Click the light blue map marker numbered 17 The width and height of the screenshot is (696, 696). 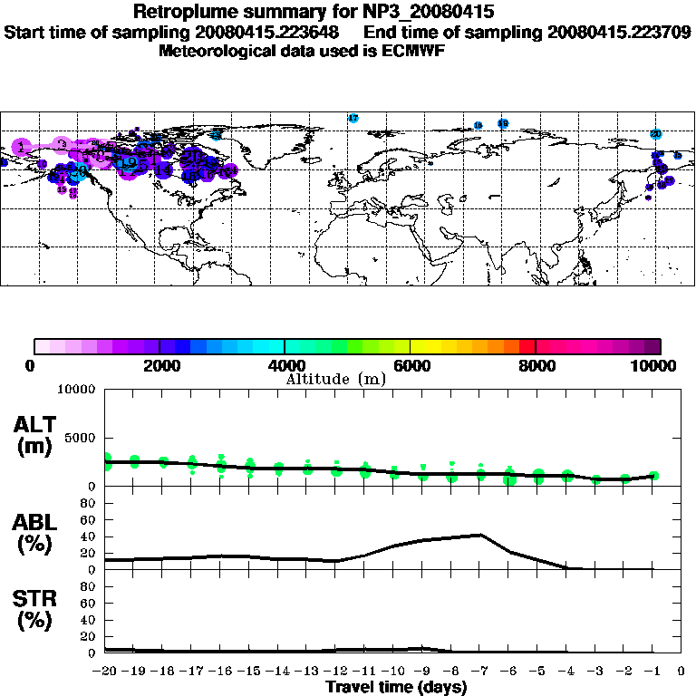click(353, 119)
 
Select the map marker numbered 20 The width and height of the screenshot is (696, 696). click(655, 134)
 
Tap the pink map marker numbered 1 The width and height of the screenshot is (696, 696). click(21, 147)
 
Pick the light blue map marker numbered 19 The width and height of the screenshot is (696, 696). click(130, 163)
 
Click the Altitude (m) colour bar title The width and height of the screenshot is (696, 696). click(336, 379)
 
